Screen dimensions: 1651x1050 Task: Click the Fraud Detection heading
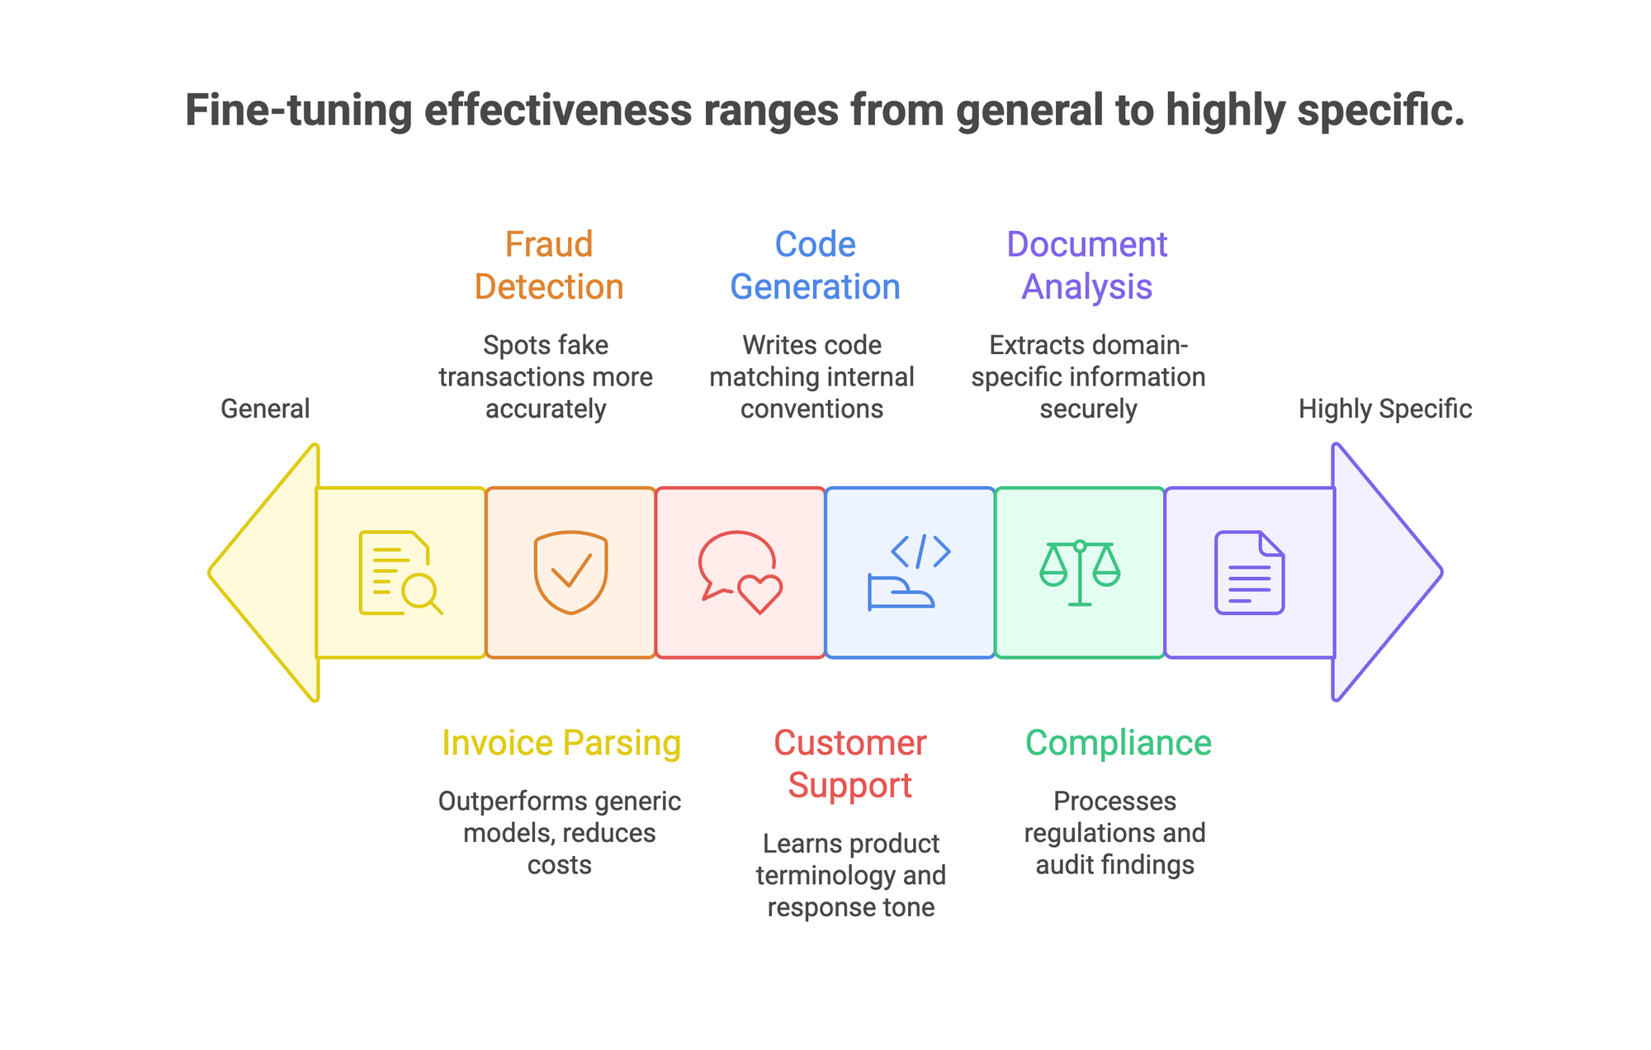pos(549,265)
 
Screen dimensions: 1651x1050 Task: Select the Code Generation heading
pos(815,265)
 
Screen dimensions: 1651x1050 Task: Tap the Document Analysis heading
pos(1086,265)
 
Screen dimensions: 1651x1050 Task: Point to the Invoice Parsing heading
pos(561,743)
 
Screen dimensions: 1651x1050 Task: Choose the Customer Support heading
pos(849,764)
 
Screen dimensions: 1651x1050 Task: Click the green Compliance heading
pos(1118,743)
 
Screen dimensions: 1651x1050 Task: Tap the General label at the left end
pos(265,409)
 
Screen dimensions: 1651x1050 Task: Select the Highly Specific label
pos(1384,409)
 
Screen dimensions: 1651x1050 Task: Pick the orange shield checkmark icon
pos(570,573)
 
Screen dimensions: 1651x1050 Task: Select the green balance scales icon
pos(1080,573)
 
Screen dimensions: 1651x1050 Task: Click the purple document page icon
pos(1249,573)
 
